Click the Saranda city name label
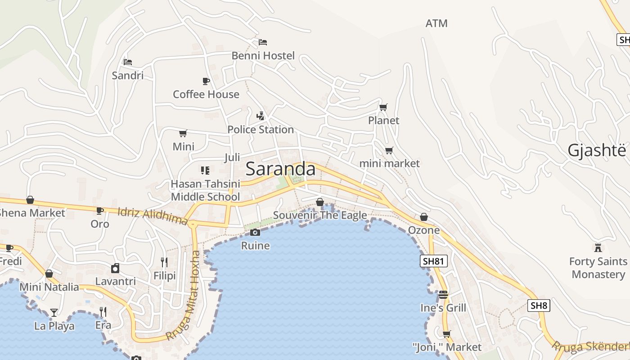click(280, 169)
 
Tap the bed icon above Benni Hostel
click(263, 42)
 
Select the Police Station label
click(261, 130)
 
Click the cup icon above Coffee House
click(206, 81)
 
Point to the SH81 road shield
click(434, 261)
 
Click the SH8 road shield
click(539, 306)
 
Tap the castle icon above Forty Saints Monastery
click(598, 248)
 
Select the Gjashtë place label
click(596, 150)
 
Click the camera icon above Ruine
click(255, 232)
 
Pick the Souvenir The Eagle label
click(320, 216)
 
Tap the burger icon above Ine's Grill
click(443, 295)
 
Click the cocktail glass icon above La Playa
click(54, 312)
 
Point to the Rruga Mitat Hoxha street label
click(183, 295)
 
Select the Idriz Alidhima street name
click(153, 216)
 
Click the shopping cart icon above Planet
click(383, 107)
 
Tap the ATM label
click(436, 23)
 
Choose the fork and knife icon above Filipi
click(164, 262)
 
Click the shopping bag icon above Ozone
click(423, 217)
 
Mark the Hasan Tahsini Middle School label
click(205, 190)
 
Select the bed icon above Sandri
click(128, 62)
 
